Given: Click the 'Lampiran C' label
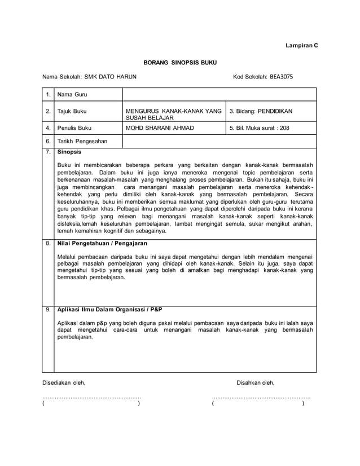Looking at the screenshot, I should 300,44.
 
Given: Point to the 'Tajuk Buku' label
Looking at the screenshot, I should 73,112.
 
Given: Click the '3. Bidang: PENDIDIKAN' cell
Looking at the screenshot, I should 261,112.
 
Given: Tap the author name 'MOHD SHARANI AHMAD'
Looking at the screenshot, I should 159,128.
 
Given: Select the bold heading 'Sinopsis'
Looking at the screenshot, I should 69,152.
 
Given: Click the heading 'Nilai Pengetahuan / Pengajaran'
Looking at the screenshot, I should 103,244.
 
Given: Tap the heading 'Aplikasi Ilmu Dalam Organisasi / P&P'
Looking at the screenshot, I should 110,309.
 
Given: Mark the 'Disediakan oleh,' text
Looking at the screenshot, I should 64,383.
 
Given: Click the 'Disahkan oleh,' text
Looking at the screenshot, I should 256,383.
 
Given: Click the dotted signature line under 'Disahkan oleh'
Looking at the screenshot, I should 261,398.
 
